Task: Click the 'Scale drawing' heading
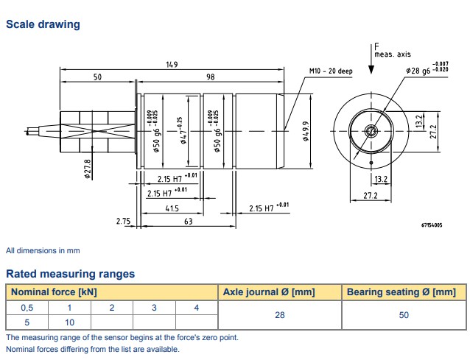coord(43,24)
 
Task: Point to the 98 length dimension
coord(210,77)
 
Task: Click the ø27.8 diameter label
coord(88,169)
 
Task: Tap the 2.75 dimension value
coord(123,221)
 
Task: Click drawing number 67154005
coord(432,225)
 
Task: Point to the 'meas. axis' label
coord(392,54)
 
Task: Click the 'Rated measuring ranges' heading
coord(71,274)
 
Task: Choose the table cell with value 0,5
coord(27,307)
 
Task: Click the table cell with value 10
coord(70,322)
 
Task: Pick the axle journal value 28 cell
coord(281,314)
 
